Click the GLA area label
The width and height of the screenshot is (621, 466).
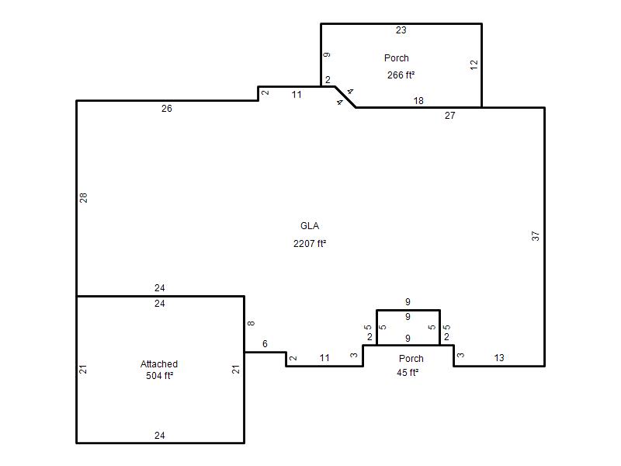point(310,226)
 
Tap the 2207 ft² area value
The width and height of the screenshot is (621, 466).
point(310,243)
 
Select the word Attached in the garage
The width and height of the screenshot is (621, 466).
point(159,363)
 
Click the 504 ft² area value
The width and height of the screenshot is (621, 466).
point(159,376)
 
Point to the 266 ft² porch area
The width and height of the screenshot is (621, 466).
point(401,75)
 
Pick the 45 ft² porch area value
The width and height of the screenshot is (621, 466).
point(408,373)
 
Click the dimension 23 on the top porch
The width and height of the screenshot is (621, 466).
point(401,30)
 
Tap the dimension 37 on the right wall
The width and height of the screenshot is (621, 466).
point(536,236)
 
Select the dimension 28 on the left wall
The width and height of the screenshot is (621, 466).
point(83,198)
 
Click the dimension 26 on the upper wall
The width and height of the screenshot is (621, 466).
point(167,109)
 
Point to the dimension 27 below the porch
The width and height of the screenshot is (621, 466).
point(450,116)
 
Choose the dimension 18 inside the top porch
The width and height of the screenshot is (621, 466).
point(418,101)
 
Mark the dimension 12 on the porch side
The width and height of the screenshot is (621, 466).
point(474,65)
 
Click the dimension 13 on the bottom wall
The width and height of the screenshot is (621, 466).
point(499,358)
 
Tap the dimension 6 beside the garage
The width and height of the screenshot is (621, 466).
point(265,344)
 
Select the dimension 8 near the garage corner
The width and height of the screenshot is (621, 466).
point(251,323)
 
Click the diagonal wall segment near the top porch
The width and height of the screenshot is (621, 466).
point(345,96)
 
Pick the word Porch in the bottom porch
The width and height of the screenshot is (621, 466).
point(411,359)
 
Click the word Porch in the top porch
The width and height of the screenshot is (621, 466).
point(397,57)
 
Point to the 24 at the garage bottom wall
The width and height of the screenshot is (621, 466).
point(160,436)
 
